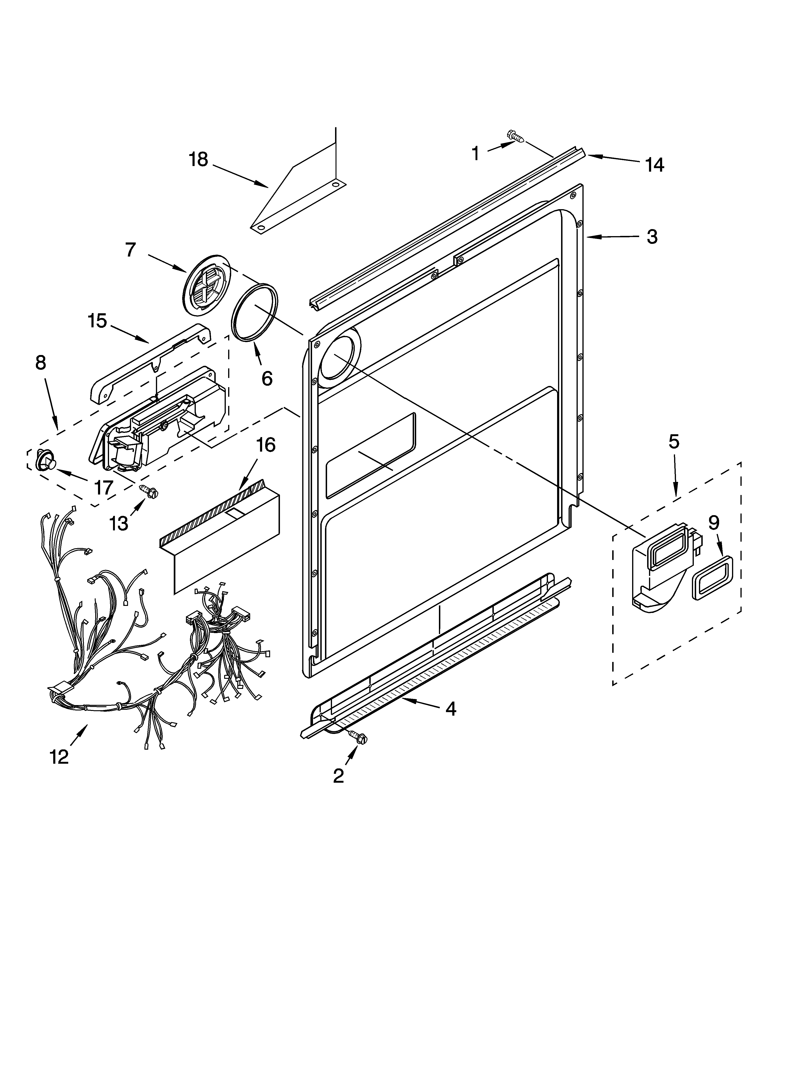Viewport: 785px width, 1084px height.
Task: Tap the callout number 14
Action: (x=654, y=165)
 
